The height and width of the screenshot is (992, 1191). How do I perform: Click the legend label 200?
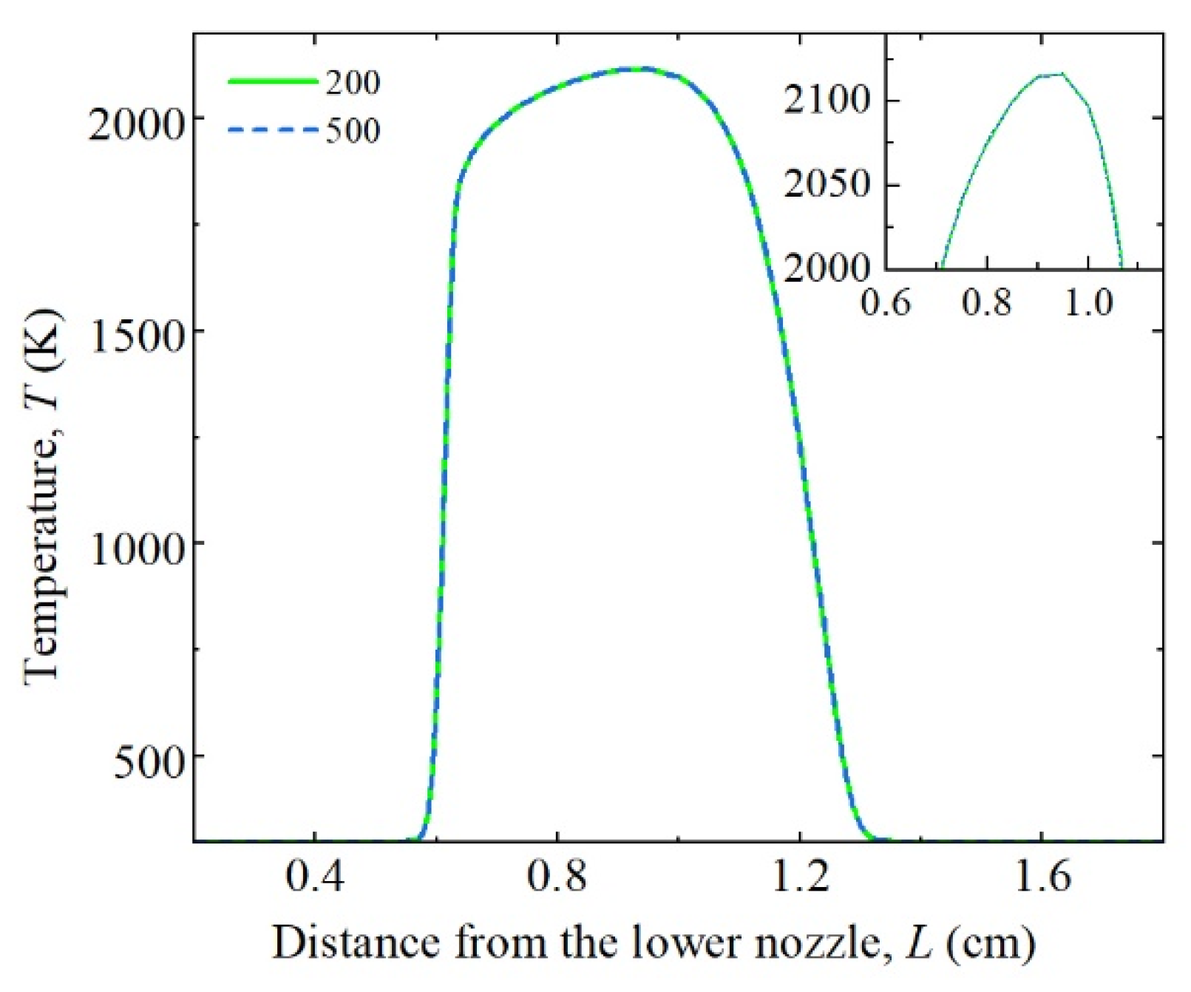click(x=353, y=82)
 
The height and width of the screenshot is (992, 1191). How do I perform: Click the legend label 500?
click(x=353, y=131)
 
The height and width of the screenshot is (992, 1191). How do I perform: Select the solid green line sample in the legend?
click(x=273, y=81)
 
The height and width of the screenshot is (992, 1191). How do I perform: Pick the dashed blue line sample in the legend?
click(x=273, y=130)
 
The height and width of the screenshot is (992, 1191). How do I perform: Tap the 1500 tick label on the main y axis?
click(x=135, y=337)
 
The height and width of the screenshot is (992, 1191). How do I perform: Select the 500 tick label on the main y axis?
click(x=147, y=762)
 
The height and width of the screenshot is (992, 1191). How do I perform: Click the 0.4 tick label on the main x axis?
click(x=315, y=877)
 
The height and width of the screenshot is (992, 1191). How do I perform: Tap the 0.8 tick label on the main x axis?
click(x=557, y=877)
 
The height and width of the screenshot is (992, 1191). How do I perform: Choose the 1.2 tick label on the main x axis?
click(x=799, y=877)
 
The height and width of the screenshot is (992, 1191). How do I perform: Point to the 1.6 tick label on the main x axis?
click(x=1042, y=877)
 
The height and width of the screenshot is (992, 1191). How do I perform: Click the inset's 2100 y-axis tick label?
click(x=827, y=100)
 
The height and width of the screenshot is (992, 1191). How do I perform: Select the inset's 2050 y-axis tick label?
click(x=827, y=184)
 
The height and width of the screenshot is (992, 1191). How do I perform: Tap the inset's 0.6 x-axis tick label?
click(x=886, y=302)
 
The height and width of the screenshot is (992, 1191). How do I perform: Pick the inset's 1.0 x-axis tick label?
click(x=1088, y=302)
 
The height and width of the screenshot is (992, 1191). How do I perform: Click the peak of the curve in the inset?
click(x=1062, y=73)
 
